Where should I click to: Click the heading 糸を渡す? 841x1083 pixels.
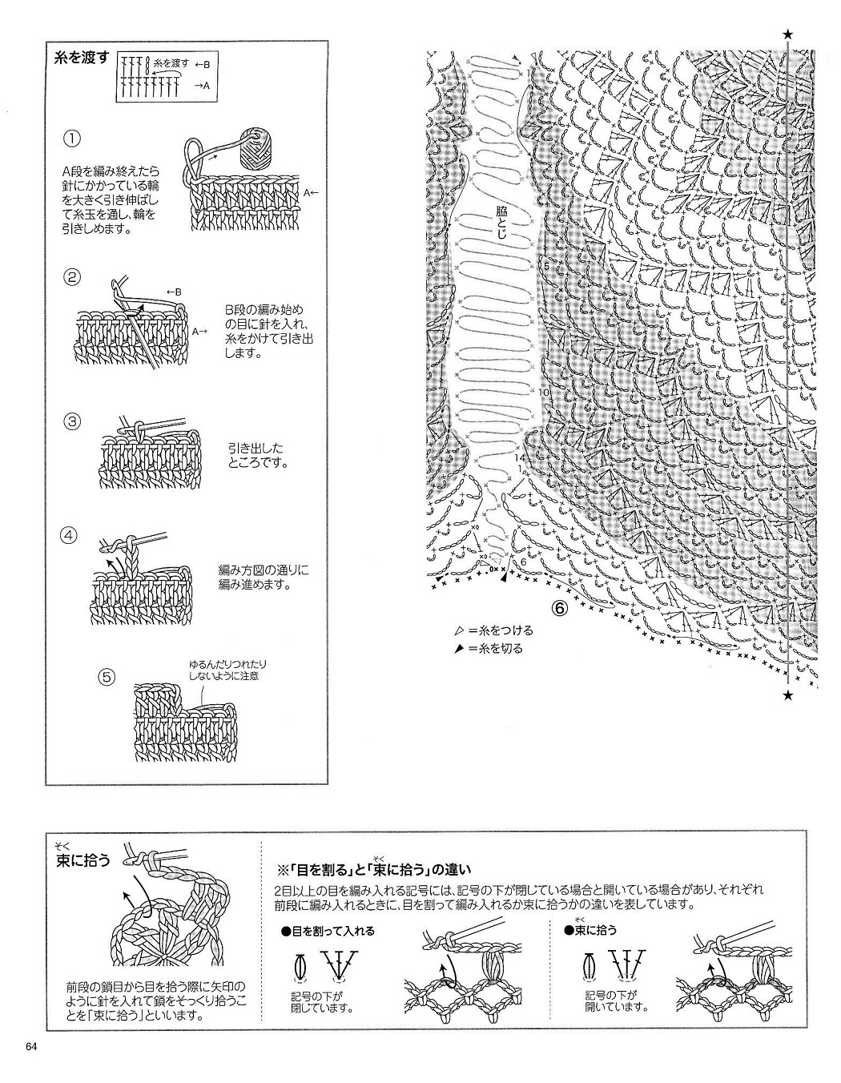click(x=81, y=58)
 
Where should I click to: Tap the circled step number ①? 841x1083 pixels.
click(x=72, y=139)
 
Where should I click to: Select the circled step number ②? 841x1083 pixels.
click(x=72, y=279)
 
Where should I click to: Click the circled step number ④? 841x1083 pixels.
click(x=70, y=535)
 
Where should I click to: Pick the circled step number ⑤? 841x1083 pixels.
click(x=107, y=677)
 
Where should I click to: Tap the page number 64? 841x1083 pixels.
click(x=31, y=1047)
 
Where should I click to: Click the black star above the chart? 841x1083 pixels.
click(x=788, y=34)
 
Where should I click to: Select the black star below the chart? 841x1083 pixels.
click(x=788, y=695)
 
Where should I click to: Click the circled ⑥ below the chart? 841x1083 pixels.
click(x=558, y=610)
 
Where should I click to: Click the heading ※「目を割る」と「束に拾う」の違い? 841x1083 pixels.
click(x=375, y=869)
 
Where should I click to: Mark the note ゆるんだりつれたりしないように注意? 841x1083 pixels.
click(x=228, y=670)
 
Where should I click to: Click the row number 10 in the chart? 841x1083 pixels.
click(x=544, y=393)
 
